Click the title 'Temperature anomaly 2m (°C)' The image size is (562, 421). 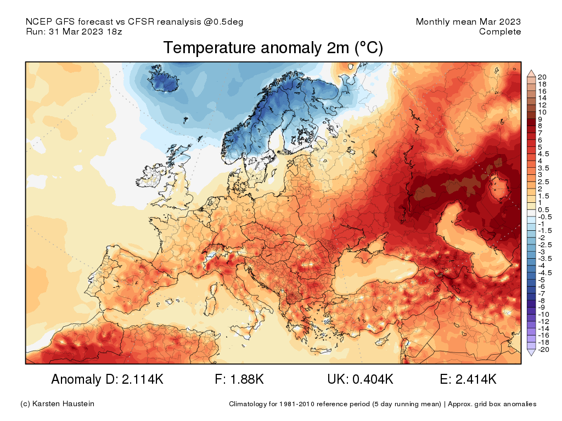click(273, 49)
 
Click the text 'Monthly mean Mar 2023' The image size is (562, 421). click(468, 22)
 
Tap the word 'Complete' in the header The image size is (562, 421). click(500, 32)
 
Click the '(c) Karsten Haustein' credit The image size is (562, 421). click(57, 404)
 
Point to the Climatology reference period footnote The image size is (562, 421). click(383, 404)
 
